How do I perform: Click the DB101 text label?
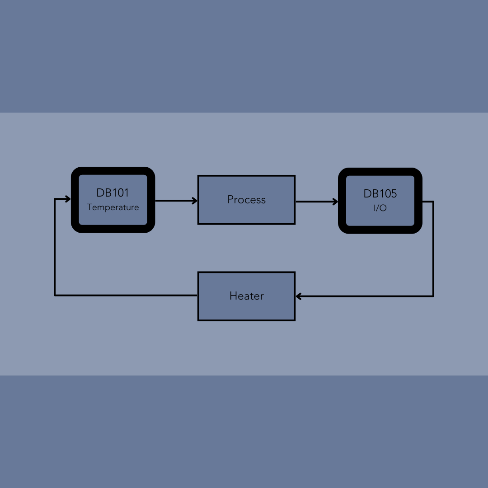[113, 192]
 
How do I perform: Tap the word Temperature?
[113, 207]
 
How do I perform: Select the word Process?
[247, 200]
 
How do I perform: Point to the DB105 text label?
[380, 193]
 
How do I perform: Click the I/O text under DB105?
[380, 208]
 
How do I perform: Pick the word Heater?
[247, 296]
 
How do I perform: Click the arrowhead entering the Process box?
[194, 201]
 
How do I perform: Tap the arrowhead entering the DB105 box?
[335, 202]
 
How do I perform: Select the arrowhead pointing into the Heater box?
[299, 296]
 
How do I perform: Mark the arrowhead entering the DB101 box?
[68, 199]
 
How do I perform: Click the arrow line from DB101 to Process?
[176, 201]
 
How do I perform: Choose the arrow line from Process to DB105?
[317, 202]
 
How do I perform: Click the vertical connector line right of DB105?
[433, 249]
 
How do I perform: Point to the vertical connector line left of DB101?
[55, 247]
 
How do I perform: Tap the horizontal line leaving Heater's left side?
[126, 296]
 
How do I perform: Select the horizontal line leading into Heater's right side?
[365, 296]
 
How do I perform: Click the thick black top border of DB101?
[113, 171]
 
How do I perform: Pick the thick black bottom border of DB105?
[380, 230]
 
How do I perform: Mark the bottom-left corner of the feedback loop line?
[55, 296]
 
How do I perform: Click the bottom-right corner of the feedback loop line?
[433, 296]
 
